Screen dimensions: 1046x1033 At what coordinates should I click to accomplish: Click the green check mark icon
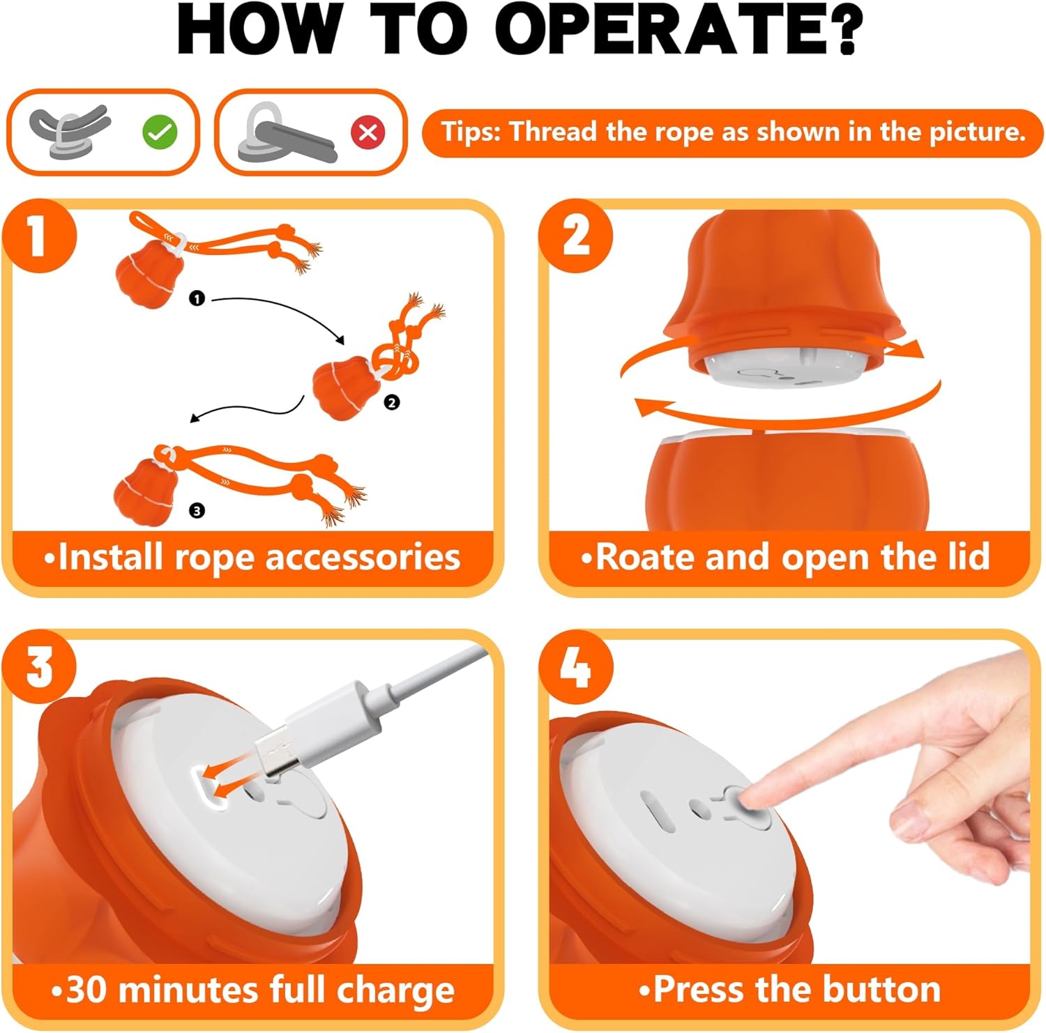(x=160, y=132)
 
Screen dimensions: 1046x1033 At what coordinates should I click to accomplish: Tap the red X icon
(x=368, y=132)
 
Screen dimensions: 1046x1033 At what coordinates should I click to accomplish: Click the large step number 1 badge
(x=38, y=236)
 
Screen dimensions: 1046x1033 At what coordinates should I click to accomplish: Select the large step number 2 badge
(x=576, y=236)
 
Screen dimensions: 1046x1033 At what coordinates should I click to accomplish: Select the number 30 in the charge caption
(x=89, y=990)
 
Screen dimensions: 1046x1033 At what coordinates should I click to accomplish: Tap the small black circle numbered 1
(x=197, y=298)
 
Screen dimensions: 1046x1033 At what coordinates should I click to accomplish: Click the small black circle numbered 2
(x=392, y=402)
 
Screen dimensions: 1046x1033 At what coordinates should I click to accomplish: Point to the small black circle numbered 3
(x=197, y=511)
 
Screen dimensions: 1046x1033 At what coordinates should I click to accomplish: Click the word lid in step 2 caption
(x=965, y=557)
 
